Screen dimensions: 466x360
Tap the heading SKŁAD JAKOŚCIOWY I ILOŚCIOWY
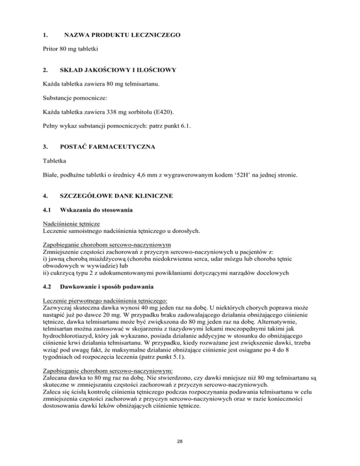pyautogui.click(x=120, y=70)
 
